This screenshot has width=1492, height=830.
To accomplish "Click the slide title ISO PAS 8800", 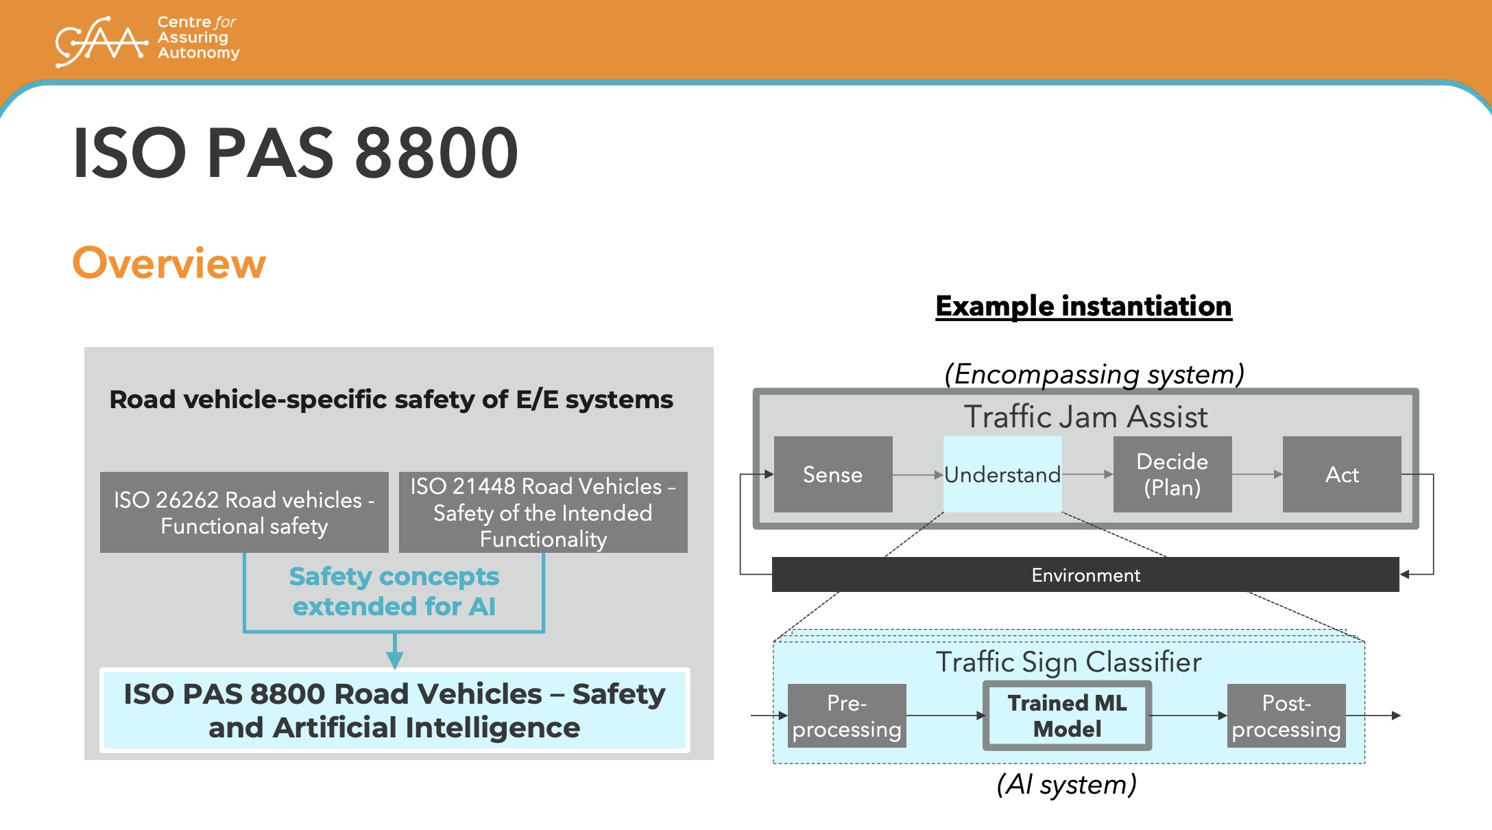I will tap(296, 153).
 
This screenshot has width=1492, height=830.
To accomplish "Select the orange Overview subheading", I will tap(169, 263).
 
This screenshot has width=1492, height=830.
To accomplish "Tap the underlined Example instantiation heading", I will tap(1083, 307).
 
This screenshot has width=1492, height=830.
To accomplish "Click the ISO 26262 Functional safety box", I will tap(244, 512).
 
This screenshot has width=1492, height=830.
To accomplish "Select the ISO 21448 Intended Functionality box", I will tap(543, 512).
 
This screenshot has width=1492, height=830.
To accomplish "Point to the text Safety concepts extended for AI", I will tap(394, 591).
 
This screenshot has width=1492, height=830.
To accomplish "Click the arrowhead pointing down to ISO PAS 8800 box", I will tap(394, 659).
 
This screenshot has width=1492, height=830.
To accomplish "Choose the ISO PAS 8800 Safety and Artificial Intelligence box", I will tap(394, 711).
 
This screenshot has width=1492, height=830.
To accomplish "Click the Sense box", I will tap(833, 475).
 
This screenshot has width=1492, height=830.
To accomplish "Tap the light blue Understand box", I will tap(1002, 475).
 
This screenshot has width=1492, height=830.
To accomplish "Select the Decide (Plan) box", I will tap(1172, 475).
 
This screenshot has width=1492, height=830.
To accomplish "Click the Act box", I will tap(1342, 475).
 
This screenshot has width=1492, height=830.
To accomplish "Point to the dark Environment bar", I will tap(1085, 575).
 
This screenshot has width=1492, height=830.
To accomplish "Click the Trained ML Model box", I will tap(1067, 716).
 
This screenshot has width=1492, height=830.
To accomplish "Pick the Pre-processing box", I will tap(847, 716).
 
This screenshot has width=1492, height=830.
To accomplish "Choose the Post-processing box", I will tap(1286, 716).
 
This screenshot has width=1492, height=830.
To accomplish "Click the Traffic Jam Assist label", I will tap(1085, 417).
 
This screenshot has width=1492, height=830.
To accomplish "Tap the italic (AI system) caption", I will tap(1067, 785).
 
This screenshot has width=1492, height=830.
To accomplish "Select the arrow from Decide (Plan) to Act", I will tap(1257, 474).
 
